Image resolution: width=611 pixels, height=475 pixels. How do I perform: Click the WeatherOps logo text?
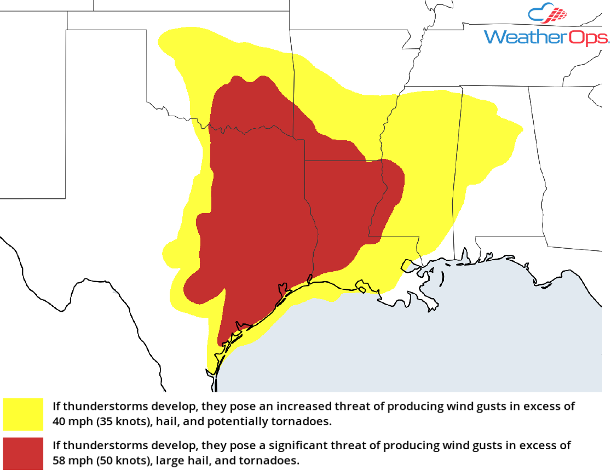click(546, 37)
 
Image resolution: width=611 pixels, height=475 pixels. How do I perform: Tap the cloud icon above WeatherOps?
click(547, 15)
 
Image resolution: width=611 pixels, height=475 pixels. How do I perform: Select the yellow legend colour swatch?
click(23, 414)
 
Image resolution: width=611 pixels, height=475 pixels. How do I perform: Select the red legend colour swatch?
click(23, 454)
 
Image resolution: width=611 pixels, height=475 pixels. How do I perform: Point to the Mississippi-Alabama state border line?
click(457, 164)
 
